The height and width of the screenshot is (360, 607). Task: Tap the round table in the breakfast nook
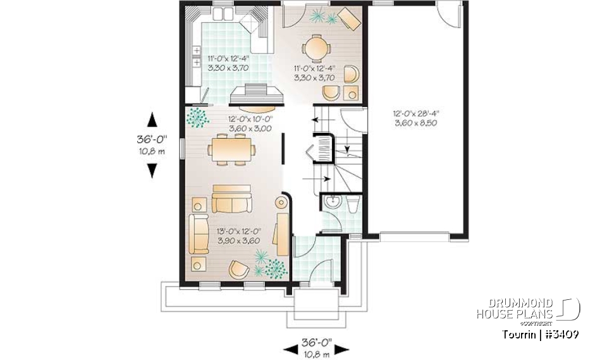314,47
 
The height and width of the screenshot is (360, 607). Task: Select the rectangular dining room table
231,150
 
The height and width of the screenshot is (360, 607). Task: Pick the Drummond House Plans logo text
515,309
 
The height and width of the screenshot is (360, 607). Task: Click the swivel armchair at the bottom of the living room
239,269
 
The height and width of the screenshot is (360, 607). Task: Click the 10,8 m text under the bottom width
318,356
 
